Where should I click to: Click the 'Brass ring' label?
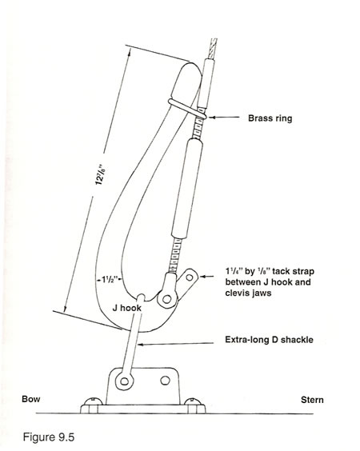click(270, 118)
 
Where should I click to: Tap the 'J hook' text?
click(127, 308)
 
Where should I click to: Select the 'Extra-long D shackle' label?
click(269, 340)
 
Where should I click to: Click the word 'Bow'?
click(31, 399)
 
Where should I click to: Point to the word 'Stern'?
click(312, 400)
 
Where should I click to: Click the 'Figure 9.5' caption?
click(49, 437)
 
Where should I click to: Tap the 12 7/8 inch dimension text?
click(99, 174)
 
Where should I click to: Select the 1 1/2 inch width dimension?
click(109, 279)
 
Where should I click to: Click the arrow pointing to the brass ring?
click(224, 118)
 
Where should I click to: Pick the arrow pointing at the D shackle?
click(176, 343)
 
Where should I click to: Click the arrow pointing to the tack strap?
click(207, 277)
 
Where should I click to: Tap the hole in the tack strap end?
click(190, 277)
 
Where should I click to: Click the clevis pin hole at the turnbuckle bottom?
click(166, 299)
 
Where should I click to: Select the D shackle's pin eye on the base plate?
click(124, 381)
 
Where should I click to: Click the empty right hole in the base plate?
click(165, 381)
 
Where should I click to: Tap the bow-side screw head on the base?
click(93, 401)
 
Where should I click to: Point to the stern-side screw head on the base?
click(193, 401)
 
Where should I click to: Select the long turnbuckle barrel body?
click(187, 189)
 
